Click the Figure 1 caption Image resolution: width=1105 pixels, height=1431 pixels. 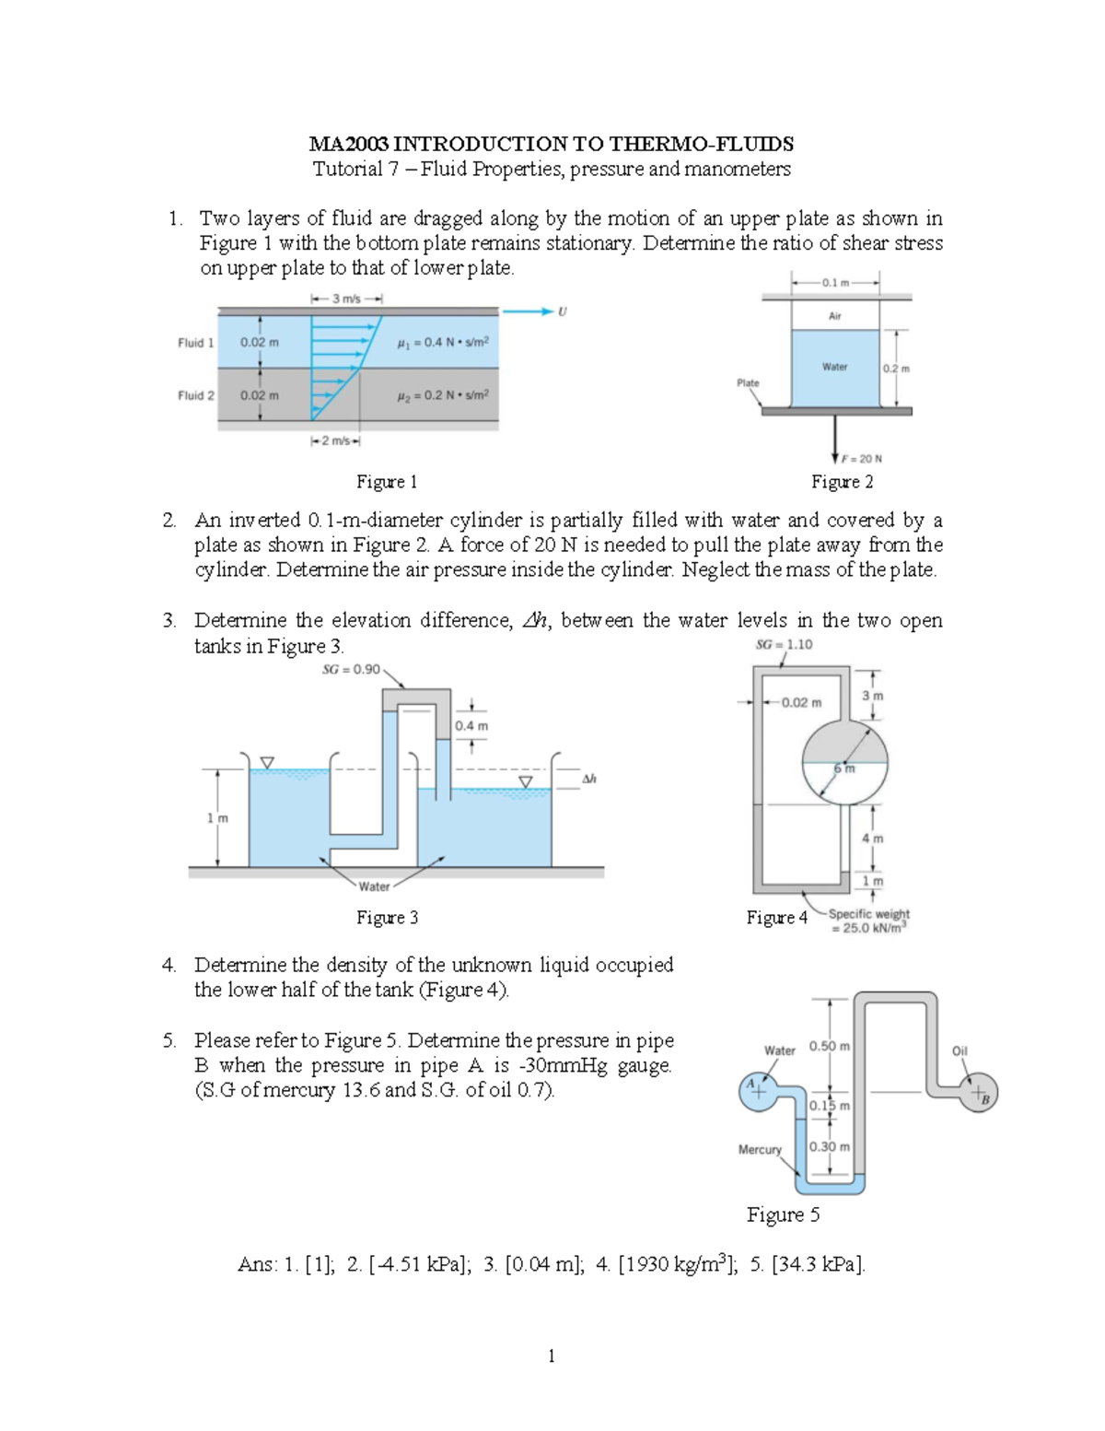(x=387, y=482)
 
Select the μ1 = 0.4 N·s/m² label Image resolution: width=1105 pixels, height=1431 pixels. (x=443, y=343)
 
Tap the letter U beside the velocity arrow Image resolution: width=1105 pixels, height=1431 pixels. (x=563, y=311)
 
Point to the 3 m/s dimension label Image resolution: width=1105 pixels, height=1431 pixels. (x=346, y=299)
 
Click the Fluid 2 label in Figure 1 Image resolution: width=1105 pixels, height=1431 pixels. (x=195, y=395)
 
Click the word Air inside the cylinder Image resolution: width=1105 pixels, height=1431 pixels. (x=834, y=316)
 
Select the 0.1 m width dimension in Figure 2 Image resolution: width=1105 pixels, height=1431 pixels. (x=835, y=283)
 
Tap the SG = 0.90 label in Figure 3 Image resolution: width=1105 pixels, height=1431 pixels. (x=351, y=670)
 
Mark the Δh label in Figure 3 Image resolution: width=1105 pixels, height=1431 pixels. (x=589, y=779)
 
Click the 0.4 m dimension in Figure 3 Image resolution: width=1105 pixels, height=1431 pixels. (x=471, y=726)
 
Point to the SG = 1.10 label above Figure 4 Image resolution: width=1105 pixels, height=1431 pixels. (x=784, y=644)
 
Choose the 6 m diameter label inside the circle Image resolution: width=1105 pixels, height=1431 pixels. (x=844, y=768)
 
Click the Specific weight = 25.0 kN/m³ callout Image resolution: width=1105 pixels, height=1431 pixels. (x=868, y=921)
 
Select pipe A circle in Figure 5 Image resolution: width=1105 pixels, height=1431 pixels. (x=755, y=1090)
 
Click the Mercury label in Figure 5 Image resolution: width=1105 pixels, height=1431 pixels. (x=760, y=1149)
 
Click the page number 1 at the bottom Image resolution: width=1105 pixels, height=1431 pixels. (x=551, y=1355)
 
